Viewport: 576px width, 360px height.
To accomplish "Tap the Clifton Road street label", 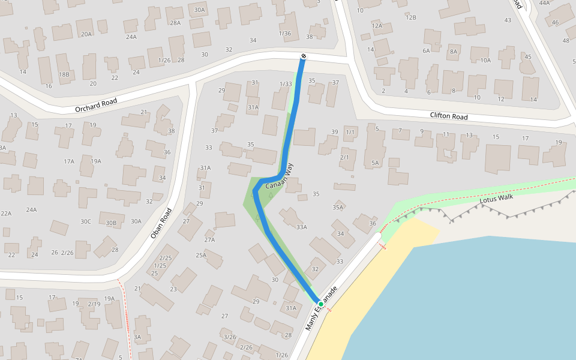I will pyautogui.click(x=448, y=116).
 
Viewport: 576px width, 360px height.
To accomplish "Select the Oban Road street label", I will pyautogui.click(x=161, y=224).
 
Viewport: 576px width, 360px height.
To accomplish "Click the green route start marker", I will pyautogui.click(x=321, y=304).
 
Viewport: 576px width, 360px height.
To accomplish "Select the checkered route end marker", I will pyautogui.click(x=304, y=56).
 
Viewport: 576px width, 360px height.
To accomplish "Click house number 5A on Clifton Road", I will pyautogui.click(x=376, y=163).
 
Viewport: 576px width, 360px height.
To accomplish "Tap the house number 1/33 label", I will pyautogui.click(x=286, y=84).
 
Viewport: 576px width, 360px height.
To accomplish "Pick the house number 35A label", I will pyautogui.click(x=338, y=208).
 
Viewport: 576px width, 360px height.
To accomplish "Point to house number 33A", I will pyautogui.click(x=301, y=227).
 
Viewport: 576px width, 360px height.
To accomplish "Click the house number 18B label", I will pyautogui.click(x=64, y=74).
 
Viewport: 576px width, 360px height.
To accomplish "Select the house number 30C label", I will pyautogui.click(x=86, y=221).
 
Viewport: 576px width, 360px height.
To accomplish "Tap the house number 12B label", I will pyautogui.click(x=410, y=17).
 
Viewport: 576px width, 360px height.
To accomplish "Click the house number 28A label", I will pyautogui.click(x=175, y=23).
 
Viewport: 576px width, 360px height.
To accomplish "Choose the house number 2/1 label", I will pyautogui.click(x=344, y=157).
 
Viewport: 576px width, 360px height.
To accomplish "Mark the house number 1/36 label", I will pyautogui.click(x=285, y=34).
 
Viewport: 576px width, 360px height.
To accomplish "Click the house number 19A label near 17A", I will pyautogui.click(x=96, y=161).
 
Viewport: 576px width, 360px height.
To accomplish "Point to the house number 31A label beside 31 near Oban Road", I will pyautogui.click(x=206, y=168).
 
